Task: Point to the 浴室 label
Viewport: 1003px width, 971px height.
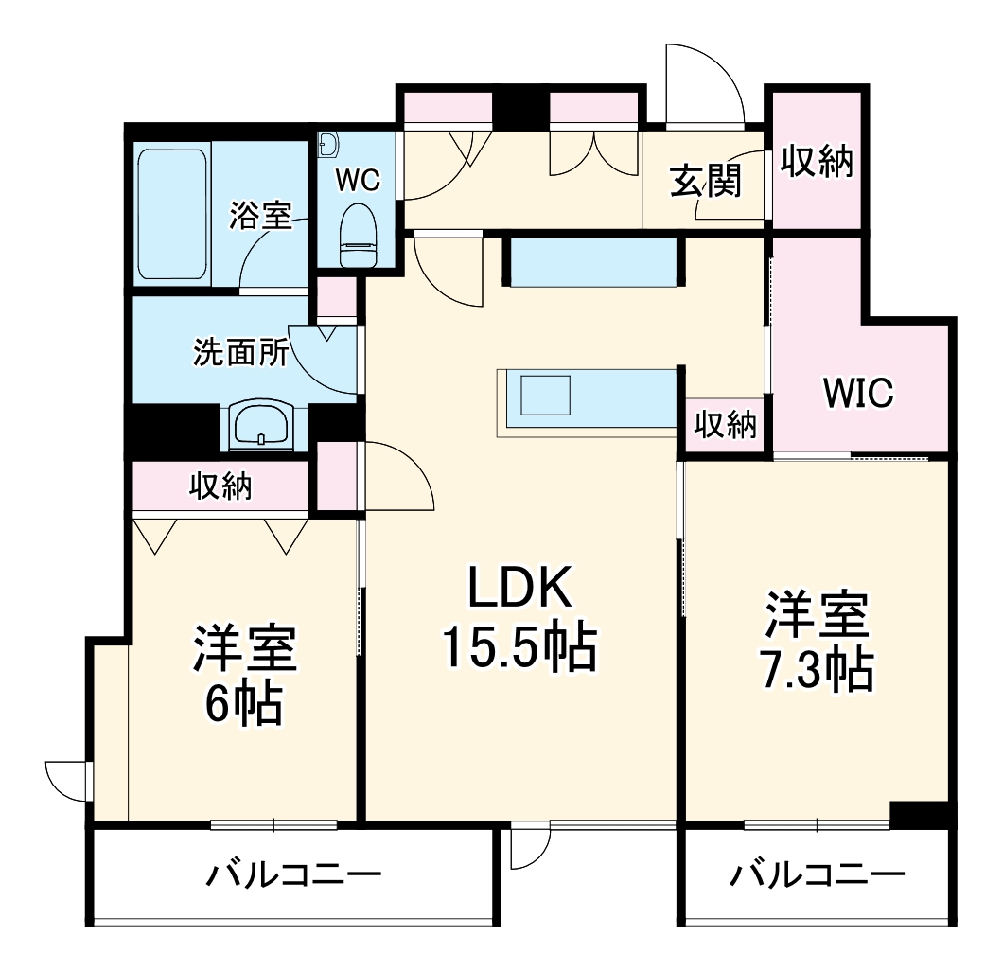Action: [260, 216]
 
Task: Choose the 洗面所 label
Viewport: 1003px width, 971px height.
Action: [241, 353]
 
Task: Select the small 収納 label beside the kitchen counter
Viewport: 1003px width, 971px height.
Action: [727, 426]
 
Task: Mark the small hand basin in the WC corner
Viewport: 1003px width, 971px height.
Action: [328, 145]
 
